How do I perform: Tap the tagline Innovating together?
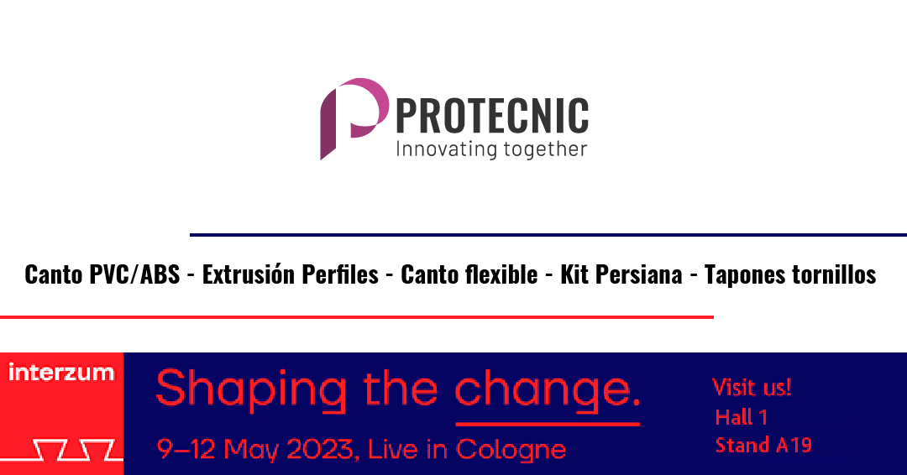490,149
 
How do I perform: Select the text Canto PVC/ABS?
102,274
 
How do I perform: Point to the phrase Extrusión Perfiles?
290,274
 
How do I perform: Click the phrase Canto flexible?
469,274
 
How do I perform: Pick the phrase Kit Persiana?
621,274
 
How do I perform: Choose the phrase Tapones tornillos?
789,274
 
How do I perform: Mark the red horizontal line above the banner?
356,317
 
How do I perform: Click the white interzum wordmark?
61,373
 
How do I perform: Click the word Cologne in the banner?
511,450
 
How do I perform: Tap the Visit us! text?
752,388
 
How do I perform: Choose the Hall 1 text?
741,417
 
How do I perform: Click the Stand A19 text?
763,445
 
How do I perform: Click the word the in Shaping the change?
401,389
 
